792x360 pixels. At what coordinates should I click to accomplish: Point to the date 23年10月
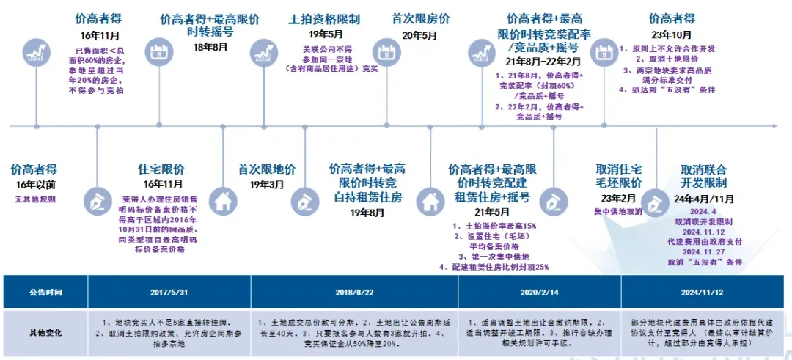coord(671,34)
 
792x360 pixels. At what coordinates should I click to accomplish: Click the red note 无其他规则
coord(35,199)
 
